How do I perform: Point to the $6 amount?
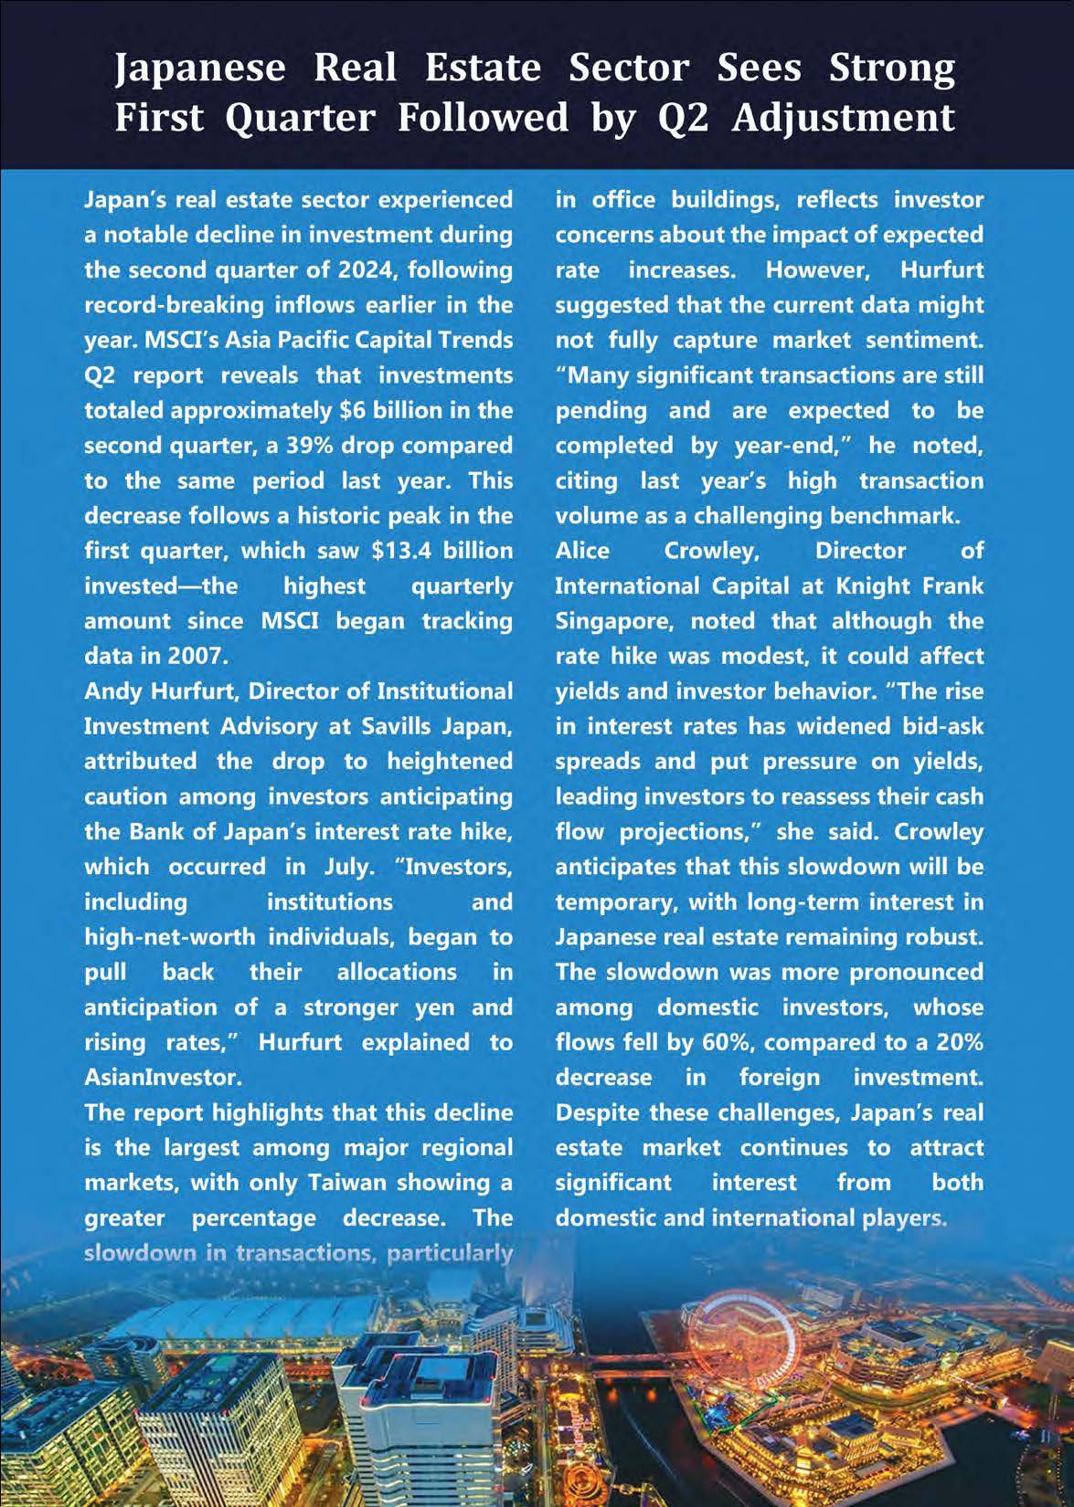point(349,411)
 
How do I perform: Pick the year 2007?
point(187,656)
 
